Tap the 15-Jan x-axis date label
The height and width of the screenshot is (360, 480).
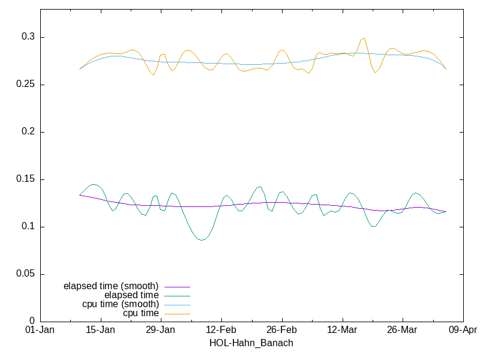pos(100,331)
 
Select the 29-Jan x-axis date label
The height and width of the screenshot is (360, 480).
pos(160,331)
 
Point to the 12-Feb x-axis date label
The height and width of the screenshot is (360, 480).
pos(221,331)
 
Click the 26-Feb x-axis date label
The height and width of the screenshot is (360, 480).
pos(281,331)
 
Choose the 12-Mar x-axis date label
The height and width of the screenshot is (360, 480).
pos(342,331)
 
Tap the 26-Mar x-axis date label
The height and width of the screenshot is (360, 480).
pos(402,331)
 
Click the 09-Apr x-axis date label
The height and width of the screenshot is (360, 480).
pos(463,331)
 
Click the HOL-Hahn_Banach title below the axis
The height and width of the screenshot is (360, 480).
pos(251,343)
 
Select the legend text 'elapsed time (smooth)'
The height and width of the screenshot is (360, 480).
pos(111,286)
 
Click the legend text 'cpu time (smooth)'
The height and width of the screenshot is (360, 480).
pos(121,304)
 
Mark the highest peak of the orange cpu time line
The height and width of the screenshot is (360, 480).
pos(364,38)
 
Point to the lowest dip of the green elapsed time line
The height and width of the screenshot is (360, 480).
pos(202,240)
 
